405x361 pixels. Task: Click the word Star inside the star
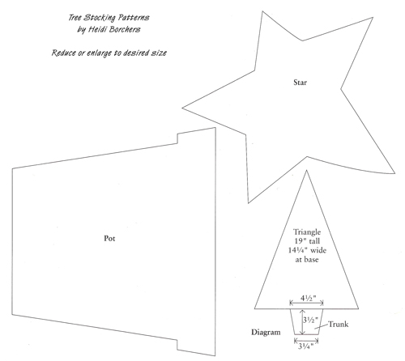coord(300,83)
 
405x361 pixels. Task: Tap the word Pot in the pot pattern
coord(109,239)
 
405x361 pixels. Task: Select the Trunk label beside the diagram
coord(338,324)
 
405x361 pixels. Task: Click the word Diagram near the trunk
coord(266,332)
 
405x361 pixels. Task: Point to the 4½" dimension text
coord(308,298)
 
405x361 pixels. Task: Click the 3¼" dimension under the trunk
coord(306,346)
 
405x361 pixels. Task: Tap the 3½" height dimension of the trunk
coord(310,320)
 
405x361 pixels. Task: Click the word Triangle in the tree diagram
coord(307,232)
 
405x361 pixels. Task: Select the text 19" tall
coord(307,241)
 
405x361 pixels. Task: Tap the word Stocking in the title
coord(100,18)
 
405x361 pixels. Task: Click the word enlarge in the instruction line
coord(99,53)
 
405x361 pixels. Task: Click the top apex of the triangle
coord(306,170)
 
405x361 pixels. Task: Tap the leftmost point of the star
coord(182,108)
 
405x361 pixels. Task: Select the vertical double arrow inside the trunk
coord(303,322)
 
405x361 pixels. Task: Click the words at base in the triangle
coord(307,260)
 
